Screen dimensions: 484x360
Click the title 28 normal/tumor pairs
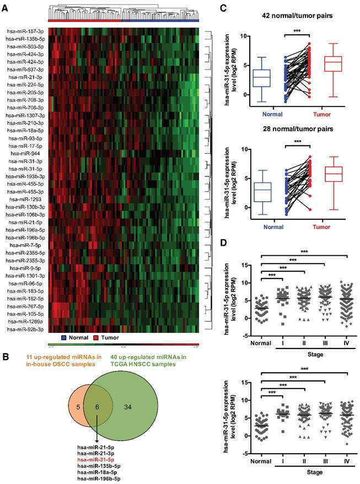(x=297, y=132)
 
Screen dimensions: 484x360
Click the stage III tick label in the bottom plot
(x=325, y=464)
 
